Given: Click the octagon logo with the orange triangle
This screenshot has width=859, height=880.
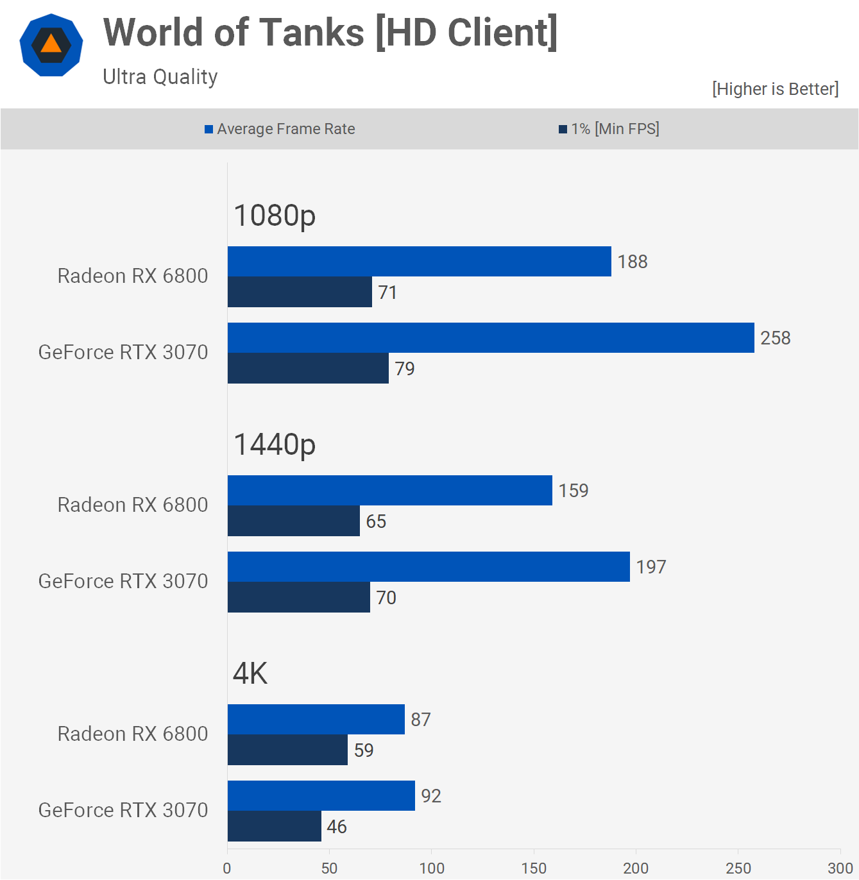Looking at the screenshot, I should pyautogui.click(x=51, y=46).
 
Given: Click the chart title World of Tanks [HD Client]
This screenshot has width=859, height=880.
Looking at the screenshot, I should pyautogui.click(x=330, y=33).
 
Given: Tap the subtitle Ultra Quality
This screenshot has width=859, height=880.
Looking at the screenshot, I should pyautogui.click(x=160, y=77).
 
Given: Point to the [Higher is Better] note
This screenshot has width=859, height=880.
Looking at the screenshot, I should pyautogui.click(x=775, y=89).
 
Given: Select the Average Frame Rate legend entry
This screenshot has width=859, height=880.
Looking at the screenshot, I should pyautogui.click(x=280, y=129).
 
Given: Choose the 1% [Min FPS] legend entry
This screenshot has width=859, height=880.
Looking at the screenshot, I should pyautogui.click(x=609, y=129).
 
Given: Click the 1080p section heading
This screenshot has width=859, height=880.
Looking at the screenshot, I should pyautogui.click(x=275, y=216).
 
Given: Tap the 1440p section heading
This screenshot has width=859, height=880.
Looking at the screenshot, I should pyautogui.click(x=275, y=444).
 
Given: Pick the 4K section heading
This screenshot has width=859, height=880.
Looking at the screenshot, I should pyautogui.click(x=250, y=673).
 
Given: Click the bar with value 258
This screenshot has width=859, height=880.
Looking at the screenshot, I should pyautogui.click(x=491, y=338).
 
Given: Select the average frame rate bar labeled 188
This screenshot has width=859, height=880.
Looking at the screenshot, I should pyautogui.click(x=420, y=262).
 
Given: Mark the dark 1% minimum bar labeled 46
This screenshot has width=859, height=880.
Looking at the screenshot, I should pyautogui.click(x=275, y=826).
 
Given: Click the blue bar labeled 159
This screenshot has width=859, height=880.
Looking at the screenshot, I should pyautogui.click(x=390, y=491).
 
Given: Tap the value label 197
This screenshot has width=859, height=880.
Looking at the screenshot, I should pyautogui.click(x=651, y=567).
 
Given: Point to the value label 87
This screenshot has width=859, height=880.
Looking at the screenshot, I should pyautogui.click(x=421, y=720).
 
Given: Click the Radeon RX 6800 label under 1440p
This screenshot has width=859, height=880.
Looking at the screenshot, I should pyautogui.click(x=133, y=505).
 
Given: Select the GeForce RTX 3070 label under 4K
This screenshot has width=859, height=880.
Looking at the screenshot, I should pyautogui.click(x=123, y=810).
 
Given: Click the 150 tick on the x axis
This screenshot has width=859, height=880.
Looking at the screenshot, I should pyautogui.click(x=534, y=868).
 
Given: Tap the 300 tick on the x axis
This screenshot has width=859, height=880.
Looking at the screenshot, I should pyautogui.click(x=840, y=868).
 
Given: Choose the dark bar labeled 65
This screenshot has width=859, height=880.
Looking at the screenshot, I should pyautogui.click(x=294, y=521).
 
